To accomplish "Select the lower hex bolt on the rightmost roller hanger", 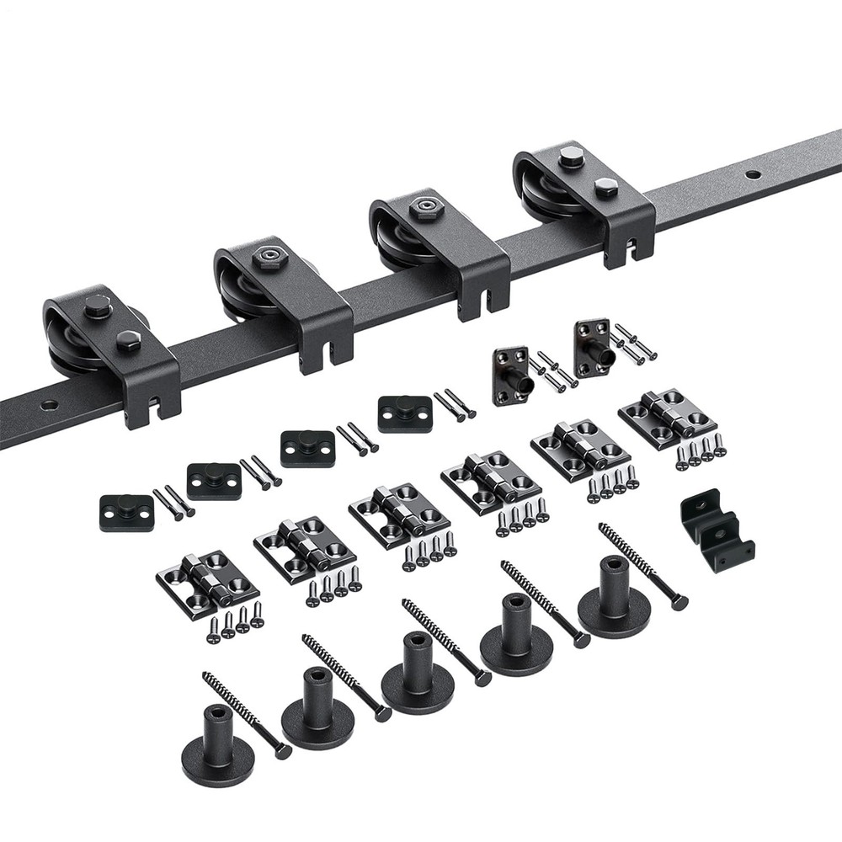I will pyautogui.click(x=605, y=188).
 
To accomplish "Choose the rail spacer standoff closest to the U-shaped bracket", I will pyautogui.click(x=614, y=602).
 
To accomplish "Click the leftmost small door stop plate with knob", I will pyautogui.click(x=126, y=512).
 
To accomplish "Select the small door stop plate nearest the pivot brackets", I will pyautogui.click(x=404, y=413).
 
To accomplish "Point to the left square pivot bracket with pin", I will pyautogui.click(x=512, y=374).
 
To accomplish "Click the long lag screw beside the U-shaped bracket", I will pyautogui.click(x=643, y=565).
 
